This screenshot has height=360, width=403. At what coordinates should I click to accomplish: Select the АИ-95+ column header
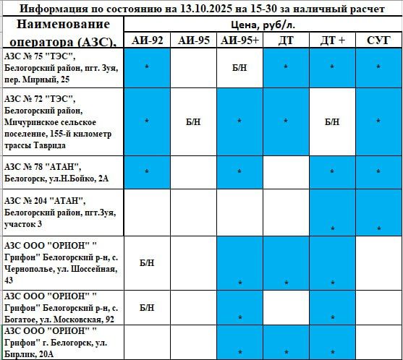[x=239, y=40]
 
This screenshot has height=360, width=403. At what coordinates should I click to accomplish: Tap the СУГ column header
[x=378, y=40]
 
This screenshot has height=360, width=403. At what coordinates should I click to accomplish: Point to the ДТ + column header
[x=332, y=40]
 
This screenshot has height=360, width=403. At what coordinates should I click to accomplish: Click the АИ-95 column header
[x=193, y=40]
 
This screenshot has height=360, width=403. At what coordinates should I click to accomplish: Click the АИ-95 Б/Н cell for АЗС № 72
[x=193, y=122]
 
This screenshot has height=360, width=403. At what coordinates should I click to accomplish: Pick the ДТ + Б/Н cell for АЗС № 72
[x=332, y=122]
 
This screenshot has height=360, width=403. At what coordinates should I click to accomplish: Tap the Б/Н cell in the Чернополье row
[x=147, y=263]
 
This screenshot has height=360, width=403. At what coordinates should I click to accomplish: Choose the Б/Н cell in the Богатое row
[x=147, y=308]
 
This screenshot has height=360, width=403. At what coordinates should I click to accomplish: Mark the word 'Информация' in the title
[x=50, y=9]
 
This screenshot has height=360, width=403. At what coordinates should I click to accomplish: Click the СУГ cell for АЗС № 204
[x=378, y=214]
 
